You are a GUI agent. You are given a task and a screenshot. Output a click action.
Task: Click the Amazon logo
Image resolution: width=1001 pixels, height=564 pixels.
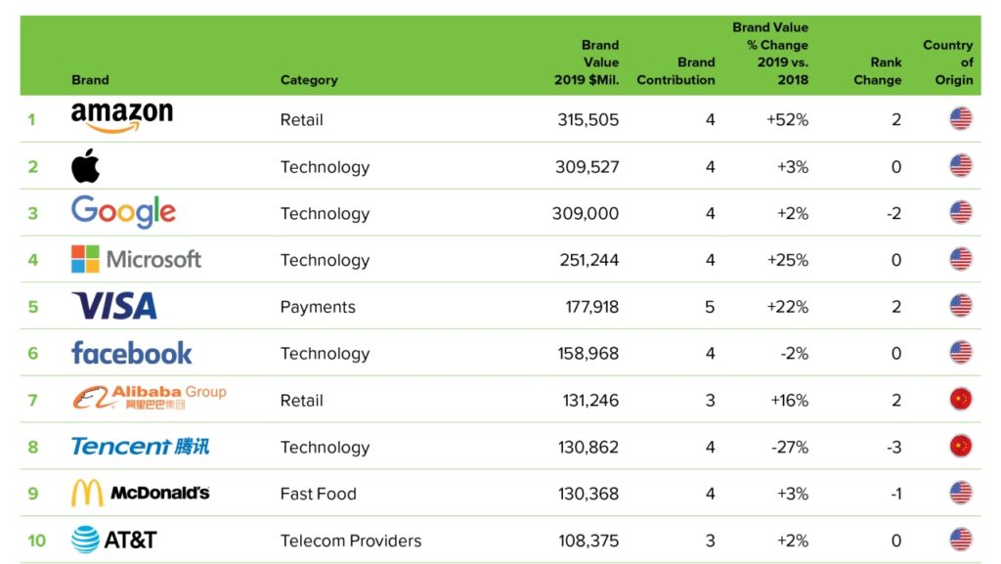tap(122, 118)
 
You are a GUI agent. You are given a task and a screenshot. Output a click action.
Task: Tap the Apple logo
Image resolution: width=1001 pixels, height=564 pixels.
tap(86, 166)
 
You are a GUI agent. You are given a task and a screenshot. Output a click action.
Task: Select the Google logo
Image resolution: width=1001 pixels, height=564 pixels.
tap(123, 212)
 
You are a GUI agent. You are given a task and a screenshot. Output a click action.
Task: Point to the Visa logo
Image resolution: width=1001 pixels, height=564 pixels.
tap(114, 306)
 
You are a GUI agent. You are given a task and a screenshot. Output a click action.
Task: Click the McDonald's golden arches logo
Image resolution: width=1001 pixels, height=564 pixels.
tap(87, 494)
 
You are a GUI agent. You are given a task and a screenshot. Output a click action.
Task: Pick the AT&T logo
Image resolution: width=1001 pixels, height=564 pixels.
tap(114, 540)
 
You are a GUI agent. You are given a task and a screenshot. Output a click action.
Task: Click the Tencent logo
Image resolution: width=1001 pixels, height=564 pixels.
tap(141, 447)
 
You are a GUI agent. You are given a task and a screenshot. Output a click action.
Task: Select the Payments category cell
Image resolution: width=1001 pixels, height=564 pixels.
tap(318, 307)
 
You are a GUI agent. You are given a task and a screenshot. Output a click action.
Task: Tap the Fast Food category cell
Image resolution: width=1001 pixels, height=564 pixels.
tap(318, 494)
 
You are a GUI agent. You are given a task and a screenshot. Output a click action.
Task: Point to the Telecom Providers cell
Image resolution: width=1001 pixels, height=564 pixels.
tap(351, 541)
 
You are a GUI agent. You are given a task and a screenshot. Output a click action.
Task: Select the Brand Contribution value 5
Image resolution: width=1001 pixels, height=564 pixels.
tap(710, 307)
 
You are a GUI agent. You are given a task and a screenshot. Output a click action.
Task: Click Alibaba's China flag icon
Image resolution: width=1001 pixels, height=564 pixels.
tap(961, 400)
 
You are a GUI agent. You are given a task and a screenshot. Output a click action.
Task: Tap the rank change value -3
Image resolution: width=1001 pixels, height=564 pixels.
tap(892, 447)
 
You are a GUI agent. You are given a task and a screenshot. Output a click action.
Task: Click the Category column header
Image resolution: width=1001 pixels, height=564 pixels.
tap(309, 80)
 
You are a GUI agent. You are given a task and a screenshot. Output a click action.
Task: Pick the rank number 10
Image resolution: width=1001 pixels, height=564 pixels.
tap(36, 541)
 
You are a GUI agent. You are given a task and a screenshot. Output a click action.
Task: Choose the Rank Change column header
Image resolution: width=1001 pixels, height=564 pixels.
tap(878, 71)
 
